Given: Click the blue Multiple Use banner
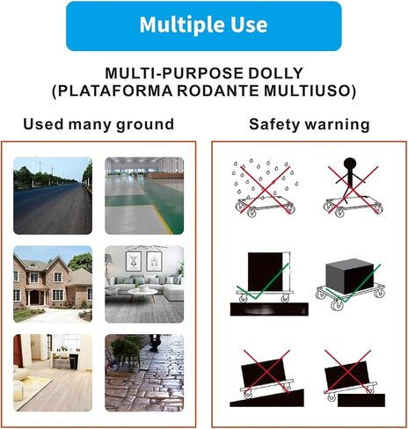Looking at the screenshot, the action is (x=204, y=26).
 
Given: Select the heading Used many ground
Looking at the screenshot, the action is (x=98, y=124).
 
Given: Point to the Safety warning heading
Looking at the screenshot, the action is (x=310, y=124).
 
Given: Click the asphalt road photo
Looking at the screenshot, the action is (x=53, y=196).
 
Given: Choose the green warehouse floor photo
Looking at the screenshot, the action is (x=144, y=196).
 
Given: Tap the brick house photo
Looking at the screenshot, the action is (x=53, y=284).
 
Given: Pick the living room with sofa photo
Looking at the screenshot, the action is (x=144, y=284).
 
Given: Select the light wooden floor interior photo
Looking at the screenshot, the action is (x=53, y=373).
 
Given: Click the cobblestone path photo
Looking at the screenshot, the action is (x=144, y=373).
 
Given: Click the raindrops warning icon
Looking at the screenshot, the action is (x=266, y=187).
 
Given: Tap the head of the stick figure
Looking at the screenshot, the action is (x=349, y=163).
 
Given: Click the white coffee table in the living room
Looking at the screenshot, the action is (x=142, y=293).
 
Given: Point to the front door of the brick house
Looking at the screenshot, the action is (x=34, y=297).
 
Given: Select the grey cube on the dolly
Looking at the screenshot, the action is (x=349, y=277).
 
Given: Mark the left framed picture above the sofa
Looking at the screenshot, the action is (x=134, y=261).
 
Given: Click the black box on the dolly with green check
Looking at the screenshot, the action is (x=265, y=272).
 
